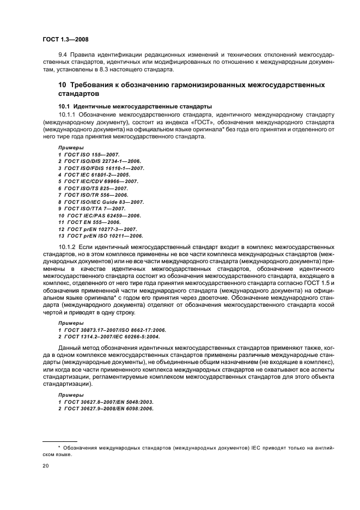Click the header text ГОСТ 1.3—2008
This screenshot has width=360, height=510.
66,40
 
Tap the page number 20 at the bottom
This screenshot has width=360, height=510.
46,466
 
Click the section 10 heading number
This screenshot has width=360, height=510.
63,85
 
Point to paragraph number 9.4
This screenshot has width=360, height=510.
64,56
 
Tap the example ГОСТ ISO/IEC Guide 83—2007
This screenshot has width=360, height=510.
103,202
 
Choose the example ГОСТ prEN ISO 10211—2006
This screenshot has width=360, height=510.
103,236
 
